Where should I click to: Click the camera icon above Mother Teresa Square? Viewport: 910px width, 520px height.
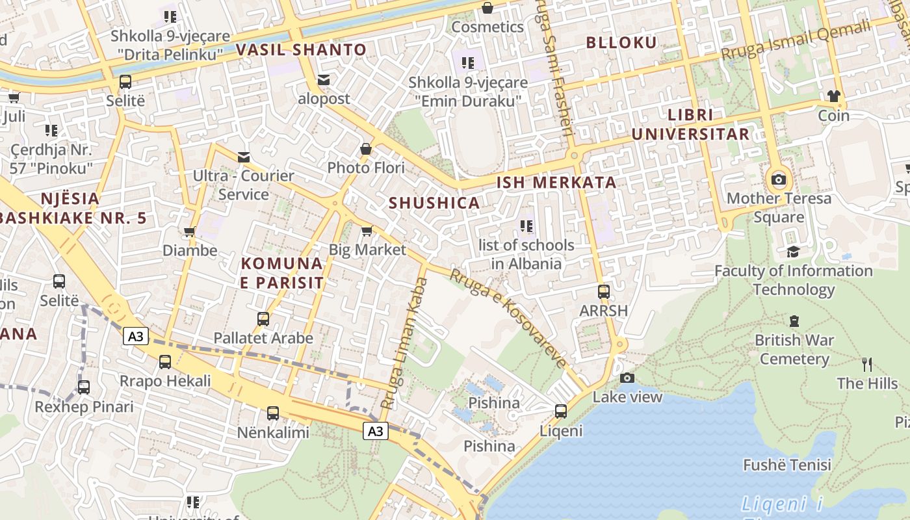tap(778, 179)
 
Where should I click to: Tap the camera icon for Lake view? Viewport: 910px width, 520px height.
tap(627, 378)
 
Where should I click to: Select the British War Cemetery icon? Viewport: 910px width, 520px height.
tap(794, 320)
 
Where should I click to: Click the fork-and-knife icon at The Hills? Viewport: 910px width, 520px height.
tap(866, 364)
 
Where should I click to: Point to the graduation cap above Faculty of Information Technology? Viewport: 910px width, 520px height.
tap(793, 252)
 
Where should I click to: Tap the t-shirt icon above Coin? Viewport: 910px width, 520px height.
tap(834, 96)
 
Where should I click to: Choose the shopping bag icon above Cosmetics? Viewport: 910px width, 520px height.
tap(487, 8)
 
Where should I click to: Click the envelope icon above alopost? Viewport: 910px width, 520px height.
tap(324, 80)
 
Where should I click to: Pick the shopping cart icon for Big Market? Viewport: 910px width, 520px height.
tap(367, 231)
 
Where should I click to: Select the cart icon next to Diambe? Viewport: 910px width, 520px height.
tap(190, 231)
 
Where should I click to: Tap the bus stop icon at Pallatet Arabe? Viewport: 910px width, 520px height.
tap(263, 319)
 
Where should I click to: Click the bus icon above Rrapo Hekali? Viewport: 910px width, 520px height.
tap(165, 362)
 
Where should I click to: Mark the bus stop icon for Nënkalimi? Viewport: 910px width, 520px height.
tap(273, 413)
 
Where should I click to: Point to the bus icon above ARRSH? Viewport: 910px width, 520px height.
tap(604, 292)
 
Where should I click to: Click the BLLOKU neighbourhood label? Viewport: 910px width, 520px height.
tap(621, 43)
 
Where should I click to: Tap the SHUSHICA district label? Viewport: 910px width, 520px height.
tap(434, 203)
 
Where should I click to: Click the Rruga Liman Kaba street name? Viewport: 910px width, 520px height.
tap(404, 343)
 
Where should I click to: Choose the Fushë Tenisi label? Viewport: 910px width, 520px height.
tap(787, 465)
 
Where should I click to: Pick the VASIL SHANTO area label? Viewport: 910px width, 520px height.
tap(301, 49)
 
